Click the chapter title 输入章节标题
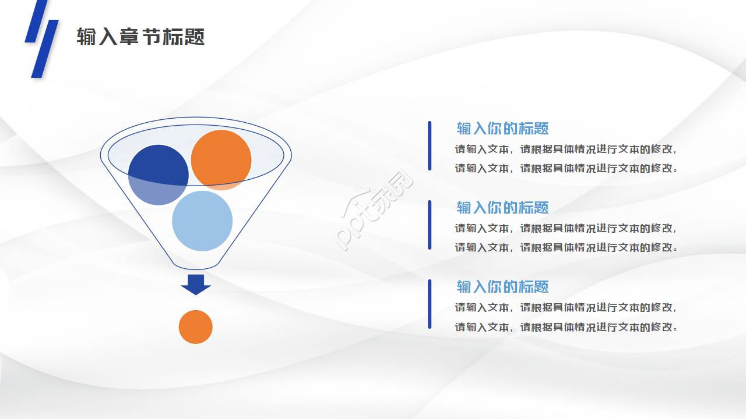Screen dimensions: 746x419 (140, 37)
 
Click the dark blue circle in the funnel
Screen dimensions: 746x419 (158, 175)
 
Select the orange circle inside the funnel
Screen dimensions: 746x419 (221, 160)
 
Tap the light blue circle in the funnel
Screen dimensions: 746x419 (202, 221)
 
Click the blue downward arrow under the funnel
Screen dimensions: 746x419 (196, 285)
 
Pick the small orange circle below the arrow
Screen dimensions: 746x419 (195, 327)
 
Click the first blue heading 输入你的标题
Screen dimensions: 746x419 (502, 129)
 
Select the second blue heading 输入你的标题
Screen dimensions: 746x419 (502, 208)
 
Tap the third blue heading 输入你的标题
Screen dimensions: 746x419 (502, 287)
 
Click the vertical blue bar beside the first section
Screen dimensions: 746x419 (430, 146)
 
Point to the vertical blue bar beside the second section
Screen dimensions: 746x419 (430, 225)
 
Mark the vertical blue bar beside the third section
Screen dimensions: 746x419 (430, 304)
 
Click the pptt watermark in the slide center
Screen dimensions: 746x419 (374, 210)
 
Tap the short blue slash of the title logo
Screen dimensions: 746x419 (37, 20)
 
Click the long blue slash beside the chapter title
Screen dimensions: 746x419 (45, 49)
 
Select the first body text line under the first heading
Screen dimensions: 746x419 (566, 149)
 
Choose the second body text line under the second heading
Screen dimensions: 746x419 (566, 247)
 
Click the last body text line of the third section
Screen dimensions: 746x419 (566, 327)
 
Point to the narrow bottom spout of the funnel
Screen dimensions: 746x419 (196, 265)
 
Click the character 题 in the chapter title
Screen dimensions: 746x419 (194, 37)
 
